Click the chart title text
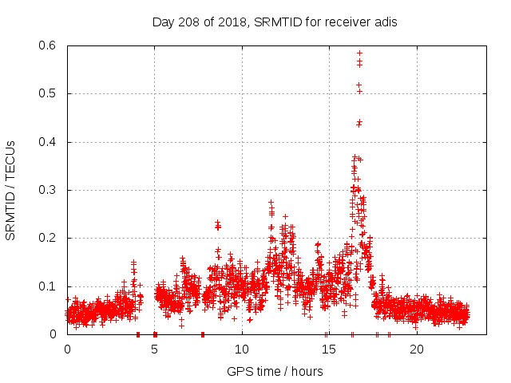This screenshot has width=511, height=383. click(275, 22)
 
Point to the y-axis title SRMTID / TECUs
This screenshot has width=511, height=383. click(10, 190)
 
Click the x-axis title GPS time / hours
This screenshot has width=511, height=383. click(275, 371)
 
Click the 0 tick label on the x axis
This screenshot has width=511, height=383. click(67, 349)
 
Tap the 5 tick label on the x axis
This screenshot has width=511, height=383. click(155, 349)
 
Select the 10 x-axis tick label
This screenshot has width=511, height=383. click(242, 349)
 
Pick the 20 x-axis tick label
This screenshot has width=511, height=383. click(417, 349)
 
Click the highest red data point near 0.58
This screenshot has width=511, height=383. click(359, 53)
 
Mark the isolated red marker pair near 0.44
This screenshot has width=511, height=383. click(359, 123)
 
